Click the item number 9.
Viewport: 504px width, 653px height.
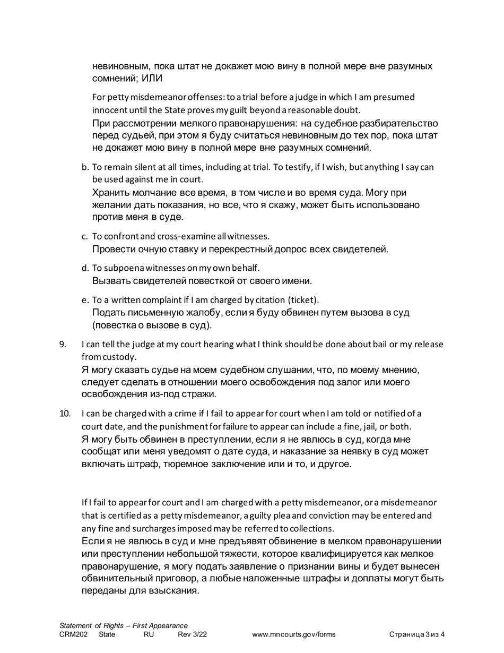62,345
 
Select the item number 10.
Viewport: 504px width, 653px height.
64,414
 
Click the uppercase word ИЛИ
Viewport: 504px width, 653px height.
152,79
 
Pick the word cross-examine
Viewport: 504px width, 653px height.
185,236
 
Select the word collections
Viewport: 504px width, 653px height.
312,528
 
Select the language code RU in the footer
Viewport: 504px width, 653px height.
149,634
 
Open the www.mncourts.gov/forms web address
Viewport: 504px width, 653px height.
294,634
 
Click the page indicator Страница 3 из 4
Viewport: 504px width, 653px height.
416,634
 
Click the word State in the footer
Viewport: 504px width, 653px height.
107,634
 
